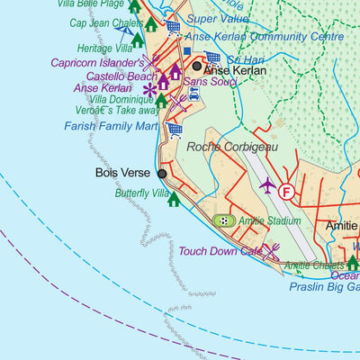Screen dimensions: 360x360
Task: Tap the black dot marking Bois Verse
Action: (x=163, y=174)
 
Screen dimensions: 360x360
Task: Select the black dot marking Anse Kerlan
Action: (x=196, y=67)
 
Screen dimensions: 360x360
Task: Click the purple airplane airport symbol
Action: (x=267, y=185)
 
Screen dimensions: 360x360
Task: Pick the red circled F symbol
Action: (x=286, y=192)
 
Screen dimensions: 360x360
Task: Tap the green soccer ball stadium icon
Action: (x=222, y=220)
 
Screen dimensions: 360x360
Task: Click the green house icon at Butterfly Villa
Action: (x=174, y=200)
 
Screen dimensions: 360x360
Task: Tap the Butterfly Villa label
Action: (x=141, y=193)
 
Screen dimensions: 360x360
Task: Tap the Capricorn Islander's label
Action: (x=99, y=64)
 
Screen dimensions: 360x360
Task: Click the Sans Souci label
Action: (x=204, y=81)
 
